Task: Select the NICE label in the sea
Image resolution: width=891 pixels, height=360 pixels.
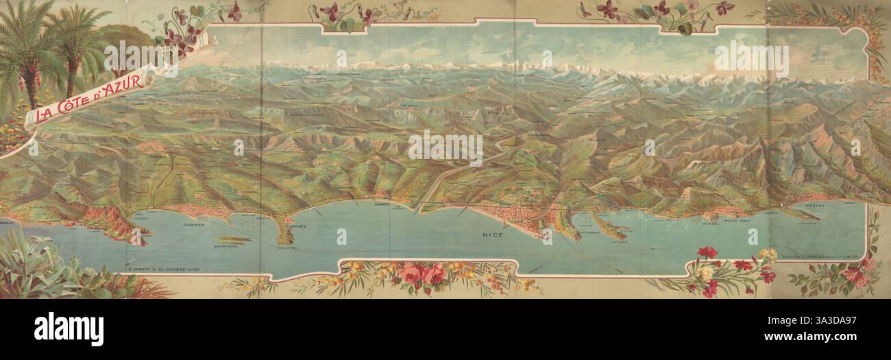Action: pos(493,235)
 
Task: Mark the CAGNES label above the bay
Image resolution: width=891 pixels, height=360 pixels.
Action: pos(382,204)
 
